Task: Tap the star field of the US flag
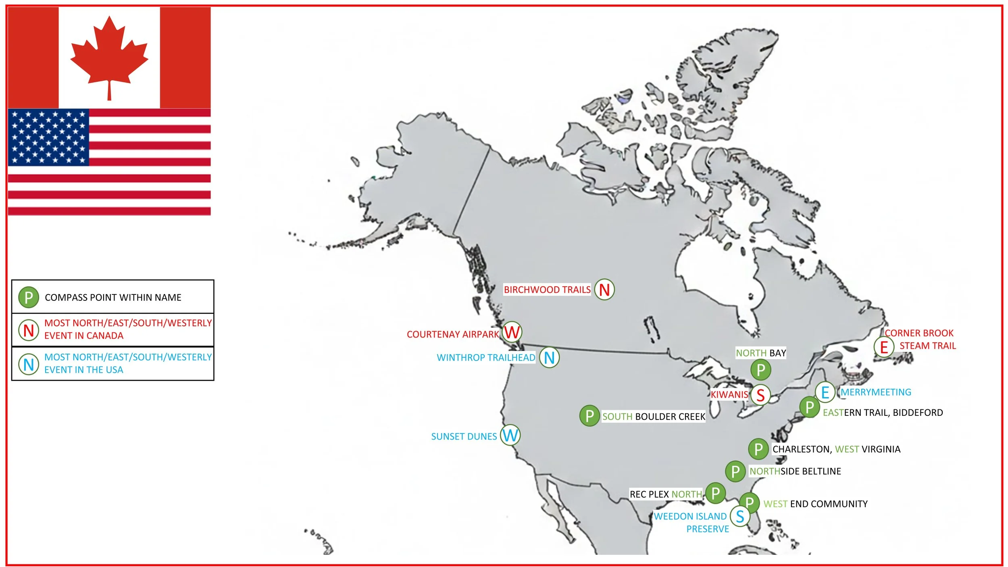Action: (x=48, y=137)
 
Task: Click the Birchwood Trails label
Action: (x=547, y=290)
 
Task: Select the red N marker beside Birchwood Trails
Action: (x=604, y=290)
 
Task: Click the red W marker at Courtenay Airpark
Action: (x=512, y=332)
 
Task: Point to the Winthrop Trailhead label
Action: (x=486, y=358)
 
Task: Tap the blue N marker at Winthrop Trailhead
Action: (x=549, y=358)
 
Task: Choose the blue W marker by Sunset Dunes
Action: (x=510, y=436)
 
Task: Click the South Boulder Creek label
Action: (x=654, y=417)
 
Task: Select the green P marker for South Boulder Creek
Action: (x=589, y=416)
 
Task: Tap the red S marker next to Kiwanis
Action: (x=760, y=395)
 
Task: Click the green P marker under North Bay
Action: (x=761, y=370)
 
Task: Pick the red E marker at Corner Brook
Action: (x=884, y=347)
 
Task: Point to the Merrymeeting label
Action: (x=876, y=392)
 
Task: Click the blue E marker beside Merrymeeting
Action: (x=825, y=392)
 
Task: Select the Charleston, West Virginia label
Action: (x=836, y=449)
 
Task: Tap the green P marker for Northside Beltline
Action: (x=735, y=471)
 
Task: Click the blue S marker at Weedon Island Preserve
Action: (x=740, y=517)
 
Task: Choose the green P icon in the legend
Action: (x=29, y=297)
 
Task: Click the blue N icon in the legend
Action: (x=29, y=364)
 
